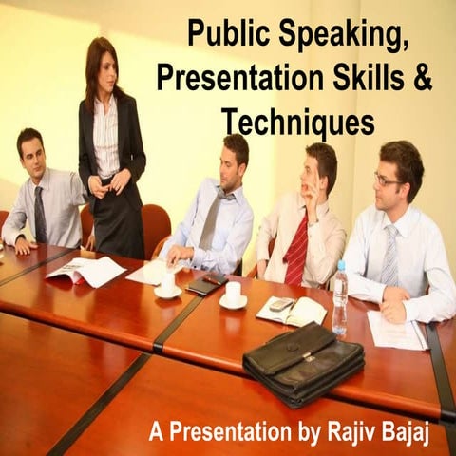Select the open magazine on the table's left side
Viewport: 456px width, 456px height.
[85, 272]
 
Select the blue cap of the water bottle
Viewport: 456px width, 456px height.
[340, 266]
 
